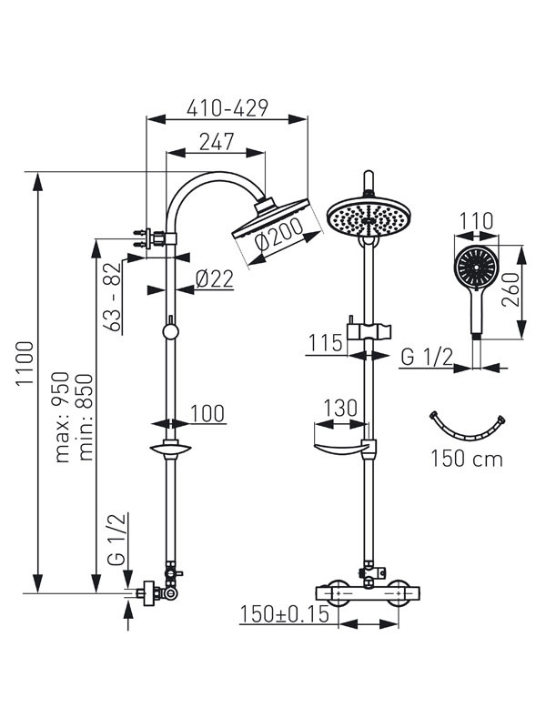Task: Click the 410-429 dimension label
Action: tap(227, 108)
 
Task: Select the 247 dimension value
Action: tap(216, 142)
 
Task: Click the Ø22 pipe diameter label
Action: tap(214, 278)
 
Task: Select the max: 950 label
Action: tap(62, 418)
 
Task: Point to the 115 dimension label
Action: tap(323, 343)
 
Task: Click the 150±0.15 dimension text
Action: tap(284, 615)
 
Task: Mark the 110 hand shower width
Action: tap(476, 221)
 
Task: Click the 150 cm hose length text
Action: tap(467, 458)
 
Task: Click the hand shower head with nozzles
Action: tap(476, 268)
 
